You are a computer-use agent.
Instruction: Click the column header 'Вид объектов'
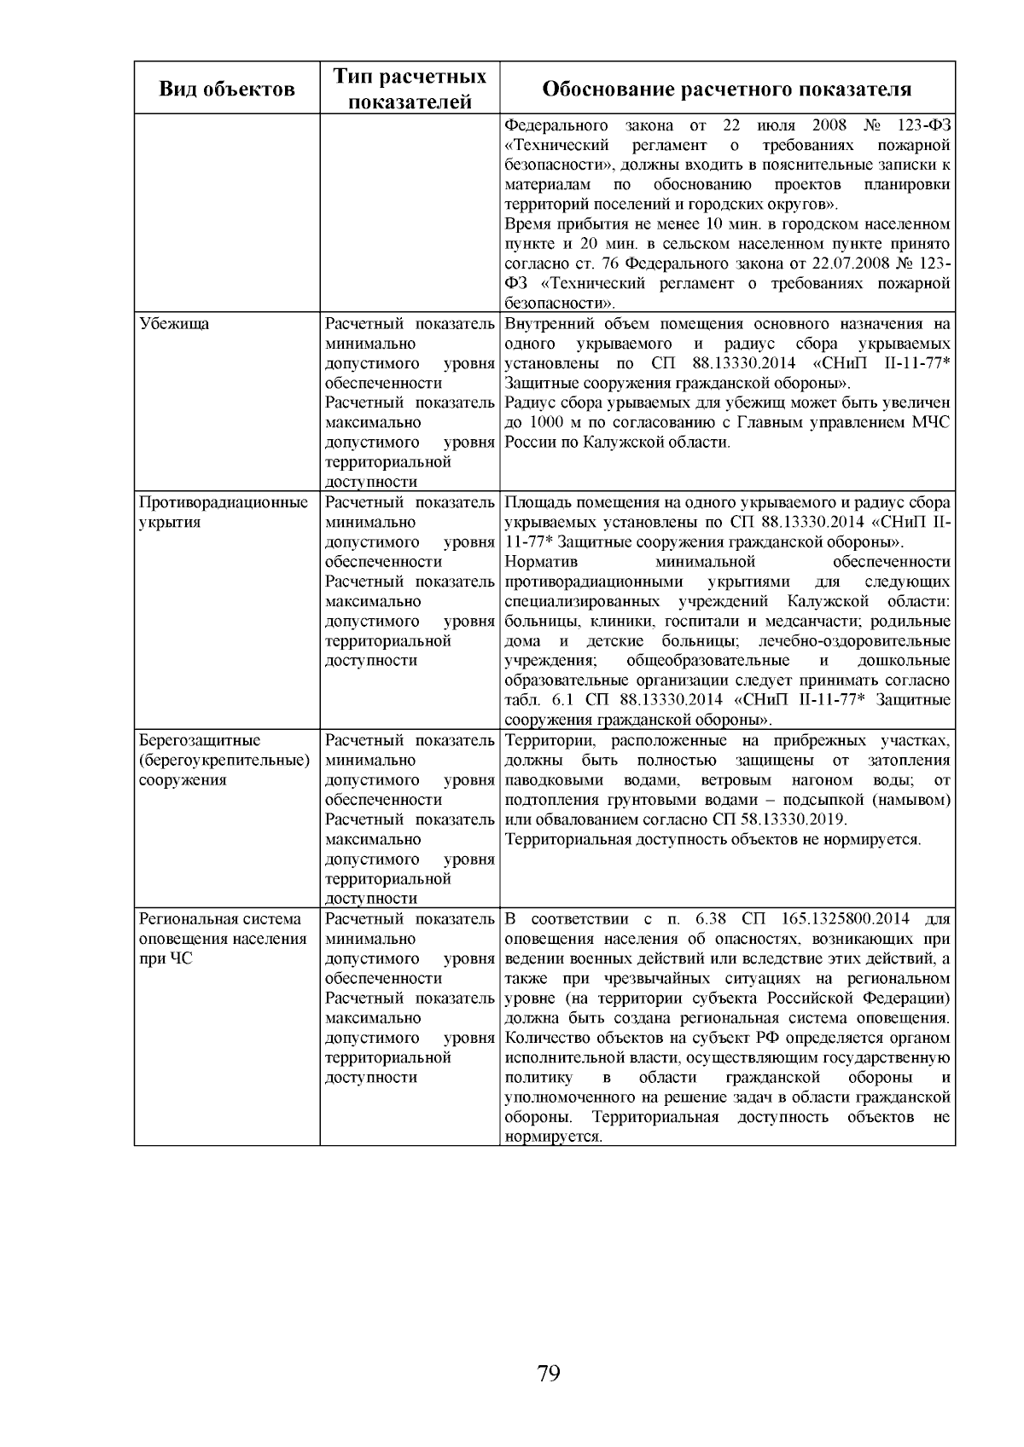tap(227, 90)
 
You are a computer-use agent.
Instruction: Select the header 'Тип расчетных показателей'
tap(410, 89)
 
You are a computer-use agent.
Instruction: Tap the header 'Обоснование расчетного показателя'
tap(727, 90)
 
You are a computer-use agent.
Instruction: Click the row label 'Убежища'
tap(174, 324)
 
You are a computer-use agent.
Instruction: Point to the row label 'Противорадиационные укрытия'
tap(224, 512)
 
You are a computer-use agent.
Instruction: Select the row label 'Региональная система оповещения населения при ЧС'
tap(222, 939)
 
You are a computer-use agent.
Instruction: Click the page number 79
tap(549, 1373)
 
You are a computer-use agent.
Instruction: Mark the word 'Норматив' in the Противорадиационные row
tap(541, 562)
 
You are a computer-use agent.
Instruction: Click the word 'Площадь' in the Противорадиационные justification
tap(534, 502)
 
